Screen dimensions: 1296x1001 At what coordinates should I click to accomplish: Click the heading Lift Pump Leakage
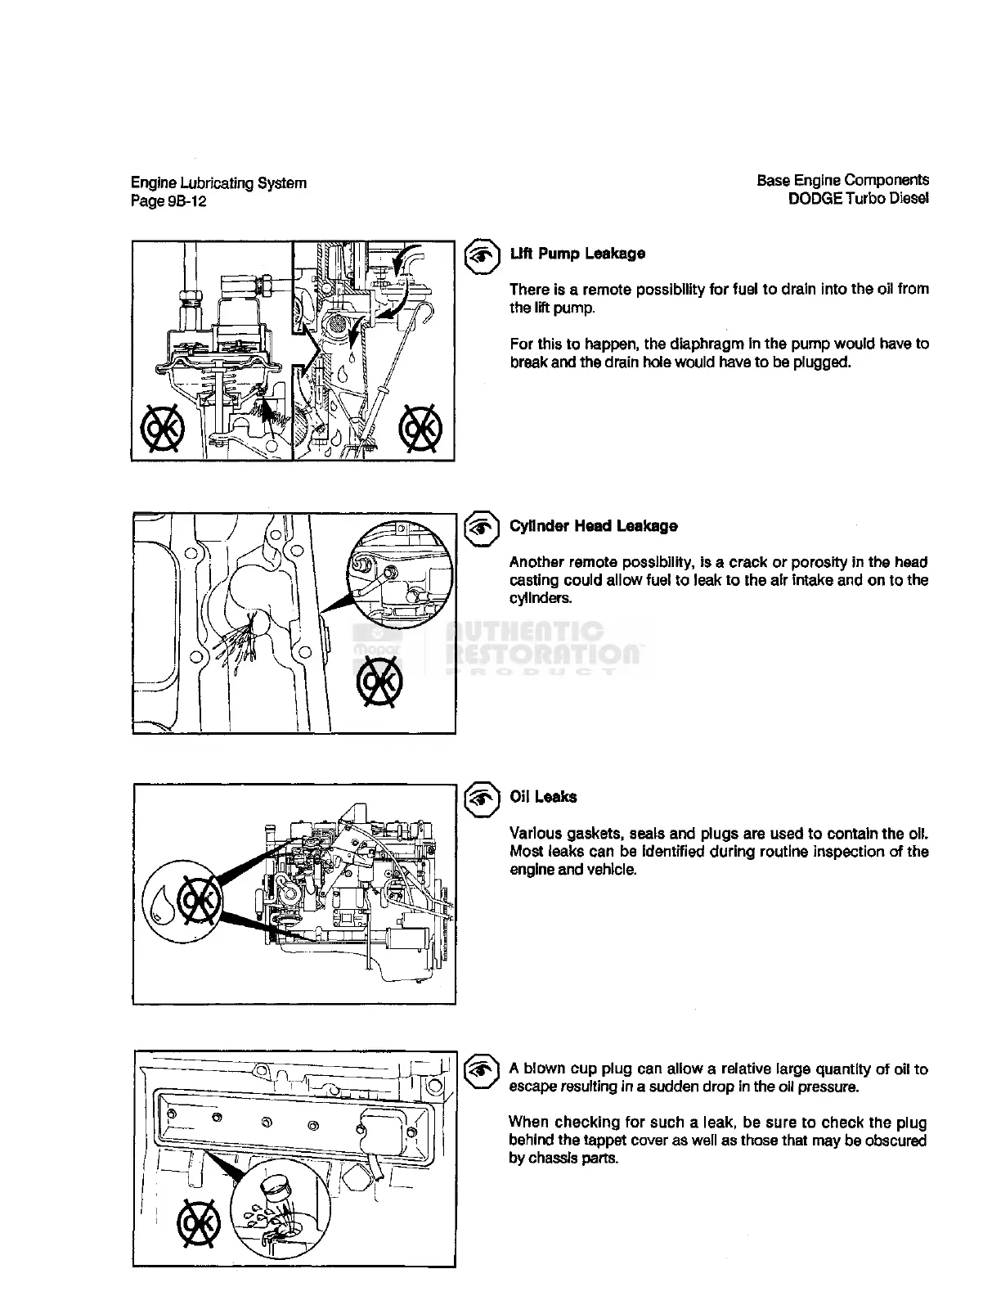click(x=577, y=254)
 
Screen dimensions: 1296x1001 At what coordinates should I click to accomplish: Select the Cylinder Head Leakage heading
click(x=593, y=526)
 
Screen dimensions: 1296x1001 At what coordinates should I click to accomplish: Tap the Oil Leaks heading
click(x=543, y=797)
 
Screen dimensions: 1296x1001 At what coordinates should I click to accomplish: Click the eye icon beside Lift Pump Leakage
click(x=483, y=255)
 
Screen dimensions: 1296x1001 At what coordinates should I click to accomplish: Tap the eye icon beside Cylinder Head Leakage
click(x=483, y=528)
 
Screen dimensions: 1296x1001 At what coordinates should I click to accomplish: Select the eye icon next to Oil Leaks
click(x=483, y=799)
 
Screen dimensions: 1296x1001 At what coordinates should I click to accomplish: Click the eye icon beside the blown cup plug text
click(x=483, y=1071)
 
